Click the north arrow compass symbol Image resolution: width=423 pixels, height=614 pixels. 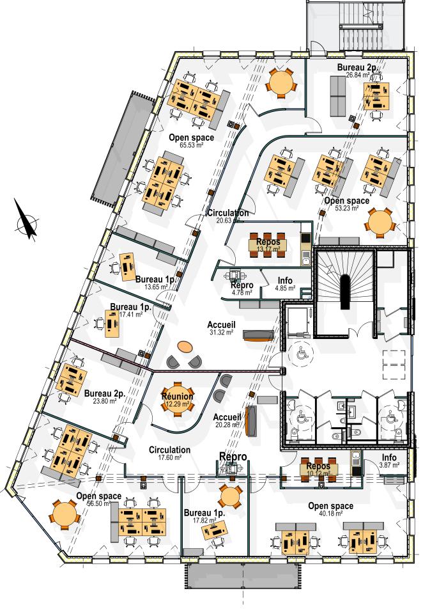coord(26,221)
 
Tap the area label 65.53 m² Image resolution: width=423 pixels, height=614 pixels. coord(191,146)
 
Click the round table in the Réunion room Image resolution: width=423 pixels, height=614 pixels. coord(177,397)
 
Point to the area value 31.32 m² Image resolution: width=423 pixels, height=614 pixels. coord(222,332)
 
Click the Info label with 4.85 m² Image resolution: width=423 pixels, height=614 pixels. coord(286,280)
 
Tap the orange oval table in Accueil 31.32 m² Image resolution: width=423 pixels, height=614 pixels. coord(184,347)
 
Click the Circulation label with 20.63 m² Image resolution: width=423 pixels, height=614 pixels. coord(227,212)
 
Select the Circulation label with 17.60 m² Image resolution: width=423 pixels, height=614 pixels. coord(169,450)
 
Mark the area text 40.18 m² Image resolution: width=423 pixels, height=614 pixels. coord(330,514)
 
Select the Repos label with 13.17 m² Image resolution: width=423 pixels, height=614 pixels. coord(268,242)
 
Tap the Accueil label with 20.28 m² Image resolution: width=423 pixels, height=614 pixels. coord(227,416)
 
